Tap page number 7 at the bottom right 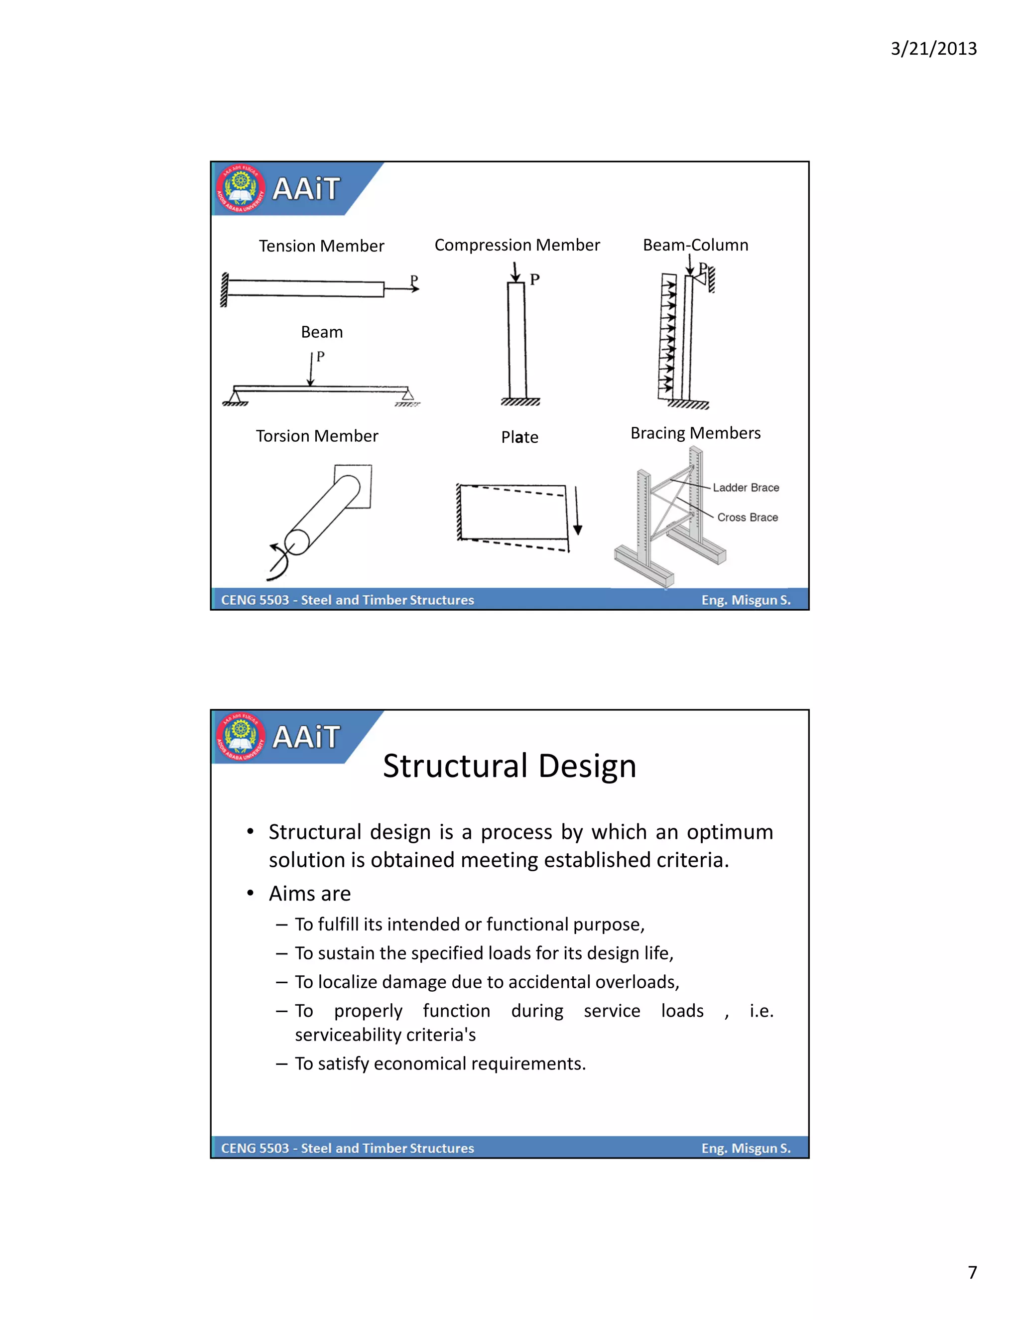972,1272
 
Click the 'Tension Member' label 321,246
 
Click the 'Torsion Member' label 317,436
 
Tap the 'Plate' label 519,437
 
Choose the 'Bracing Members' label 695,433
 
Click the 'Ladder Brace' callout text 746,487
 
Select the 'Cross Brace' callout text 747,518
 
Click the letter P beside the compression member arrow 535,280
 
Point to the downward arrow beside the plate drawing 577,511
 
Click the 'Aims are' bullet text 309,893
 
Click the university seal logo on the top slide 241,189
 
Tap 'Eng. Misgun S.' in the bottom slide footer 746,1148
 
